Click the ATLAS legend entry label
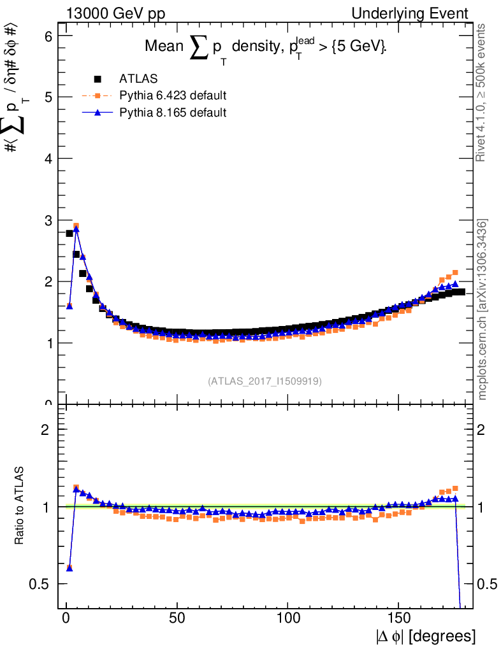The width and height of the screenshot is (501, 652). point(138,79)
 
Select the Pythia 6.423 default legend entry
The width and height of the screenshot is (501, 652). point(173,96)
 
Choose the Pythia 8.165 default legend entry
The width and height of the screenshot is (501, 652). point(173,112)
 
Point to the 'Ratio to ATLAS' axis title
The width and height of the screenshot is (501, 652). point(20,506)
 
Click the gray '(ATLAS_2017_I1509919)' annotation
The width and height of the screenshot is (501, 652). point(265,381)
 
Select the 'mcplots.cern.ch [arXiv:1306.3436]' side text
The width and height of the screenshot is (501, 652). point(483,309)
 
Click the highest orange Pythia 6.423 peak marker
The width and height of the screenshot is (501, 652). point(76,225)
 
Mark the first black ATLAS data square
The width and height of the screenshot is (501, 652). point(69,233)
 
